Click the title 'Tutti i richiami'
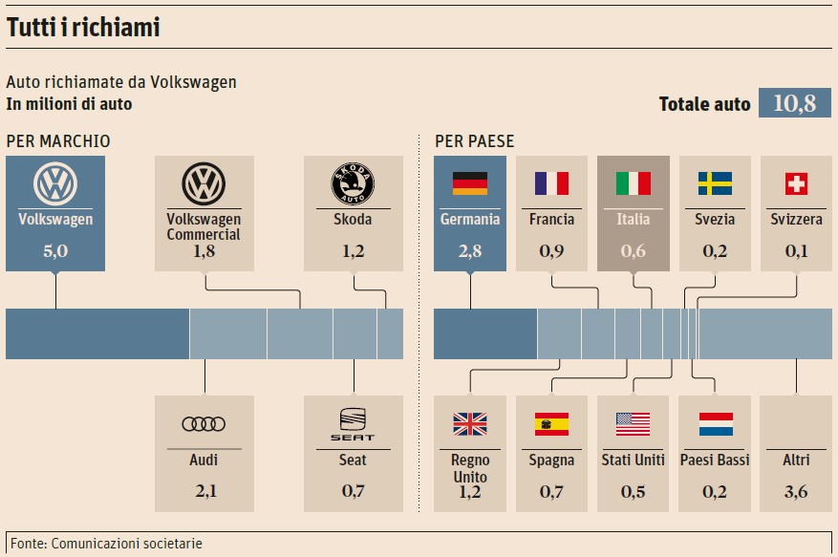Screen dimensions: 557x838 click(83, 28)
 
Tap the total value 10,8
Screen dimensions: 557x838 click(794, 103)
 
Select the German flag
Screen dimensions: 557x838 click(469, 182)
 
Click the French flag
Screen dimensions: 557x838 click(551, 182)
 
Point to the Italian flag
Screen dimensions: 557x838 click(634, 182)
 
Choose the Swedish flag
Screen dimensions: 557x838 click(715, 182)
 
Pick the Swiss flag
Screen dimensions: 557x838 click(796, 182)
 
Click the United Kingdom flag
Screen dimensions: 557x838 click(469, 423)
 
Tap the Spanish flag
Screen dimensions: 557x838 click(551, 423)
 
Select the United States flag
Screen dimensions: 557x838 click(633, 423)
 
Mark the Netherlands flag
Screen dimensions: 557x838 click(715, 423)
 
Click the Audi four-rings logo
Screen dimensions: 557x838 click(204, 424)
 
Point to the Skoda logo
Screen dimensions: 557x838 click(353, 182)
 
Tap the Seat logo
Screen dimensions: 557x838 click(353, 424)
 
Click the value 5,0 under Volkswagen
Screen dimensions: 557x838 click(55, 251)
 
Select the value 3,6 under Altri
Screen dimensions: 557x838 click(796, 491)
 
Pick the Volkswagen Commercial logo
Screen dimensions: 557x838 click(204, 182)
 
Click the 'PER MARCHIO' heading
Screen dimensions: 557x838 click(58, 141)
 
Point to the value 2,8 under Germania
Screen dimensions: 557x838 click(469, 251)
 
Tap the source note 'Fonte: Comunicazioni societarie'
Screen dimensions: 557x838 click(104, 544)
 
